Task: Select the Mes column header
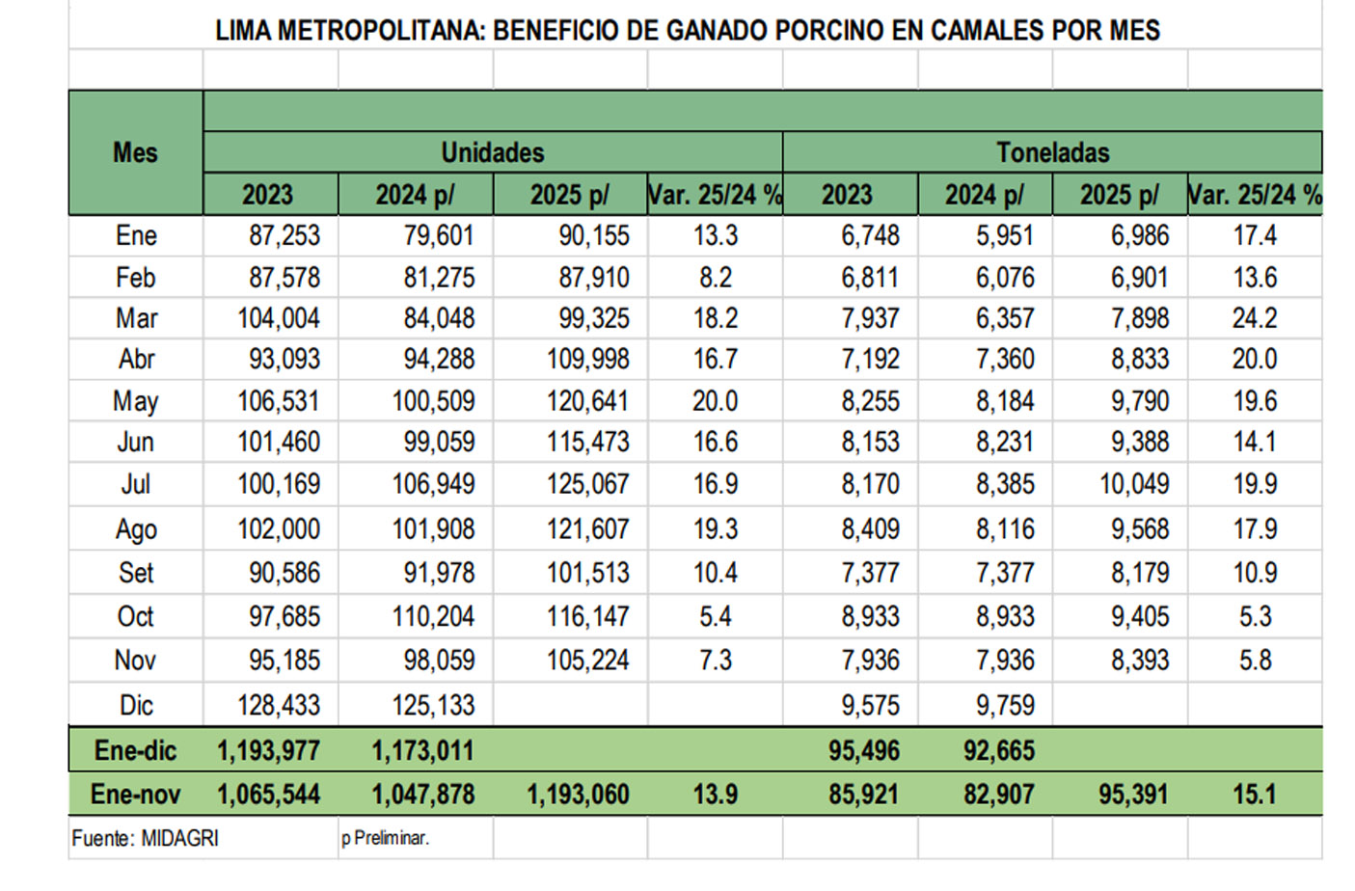(135, 152)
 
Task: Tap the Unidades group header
(492, 152)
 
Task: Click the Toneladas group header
(1052, 152)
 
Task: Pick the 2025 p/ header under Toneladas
(1120, 195)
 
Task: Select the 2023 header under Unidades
(267, 195)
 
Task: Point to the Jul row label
(136, 484)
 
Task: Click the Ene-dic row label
(135, 750)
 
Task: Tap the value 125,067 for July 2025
(587, 484)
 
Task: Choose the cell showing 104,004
(279, 318)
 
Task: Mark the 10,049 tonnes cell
(1134, 484)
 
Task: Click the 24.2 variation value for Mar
(1254, 318)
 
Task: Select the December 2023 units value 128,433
(279, 705)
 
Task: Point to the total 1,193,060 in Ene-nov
(578, 795)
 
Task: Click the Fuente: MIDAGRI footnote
(146, 839)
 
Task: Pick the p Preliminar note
(385, 839)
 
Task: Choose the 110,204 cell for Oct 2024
(433, 616)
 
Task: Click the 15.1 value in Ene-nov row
(1254, 795)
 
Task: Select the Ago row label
(136, 529)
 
